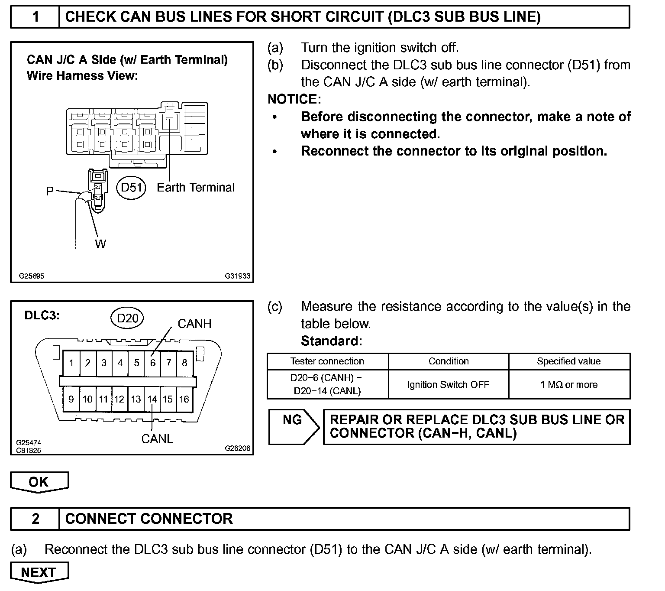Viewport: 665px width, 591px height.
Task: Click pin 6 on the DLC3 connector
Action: pyautogui.click(x=152, y=363)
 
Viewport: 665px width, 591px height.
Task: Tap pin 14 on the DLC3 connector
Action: pyautogui.click(x=152, y=399)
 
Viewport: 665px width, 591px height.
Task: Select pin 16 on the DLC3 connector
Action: pyautogui.click(x=184, y=399)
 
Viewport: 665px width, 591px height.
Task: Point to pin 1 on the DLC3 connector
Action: pyautogui.click(x=71, y=363)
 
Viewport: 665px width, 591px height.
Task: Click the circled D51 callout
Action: pyautogui.click(x=131, y=188)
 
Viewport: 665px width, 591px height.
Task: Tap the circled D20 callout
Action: pyautogui.click(x=127, y=318)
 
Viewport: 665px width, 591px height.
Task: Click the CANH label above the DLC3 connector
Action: pyautogui.click(x=194, y=324)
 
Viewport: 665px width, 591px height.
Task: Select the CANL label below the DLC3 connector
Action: pyautogui.click(x=157, y=439)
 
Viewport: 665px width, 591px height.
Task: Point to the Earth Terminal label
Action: pyautogui.click(x=196, y=188)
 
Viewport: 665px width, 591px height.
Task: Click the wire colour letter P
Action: pyautogui.click(x=50, y=191)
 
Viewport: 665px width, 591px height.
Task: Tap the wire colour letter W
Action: pyautogui.click(x=100, y=244)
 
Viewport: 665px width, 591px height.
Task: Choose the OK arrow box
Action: pyautogui.click(x=39, y=482)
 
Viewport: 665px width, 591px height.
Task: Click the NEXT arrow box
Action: pyautogui.click(x=39, y=572)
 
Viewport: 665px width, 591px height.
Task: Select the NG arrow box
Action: pyautogui.click(x=293, y=426)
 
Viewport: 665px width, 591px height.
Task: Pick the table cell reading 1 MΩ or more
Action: pyautogui.click(x=569, y=384)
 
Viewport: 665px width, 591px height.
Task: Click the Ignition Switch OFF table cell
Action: pyautogui.click(x=448, y=384)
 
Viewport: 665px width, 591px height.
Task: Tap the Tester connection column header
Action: pyautogui.click(x=327, y=361)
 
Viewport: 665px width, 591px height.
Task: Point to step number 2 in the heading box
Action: pyautogui.click(x=36, y=519)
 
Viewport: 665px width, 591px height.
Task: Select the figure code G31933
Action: pyautogui.click(x=237, y=276)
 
